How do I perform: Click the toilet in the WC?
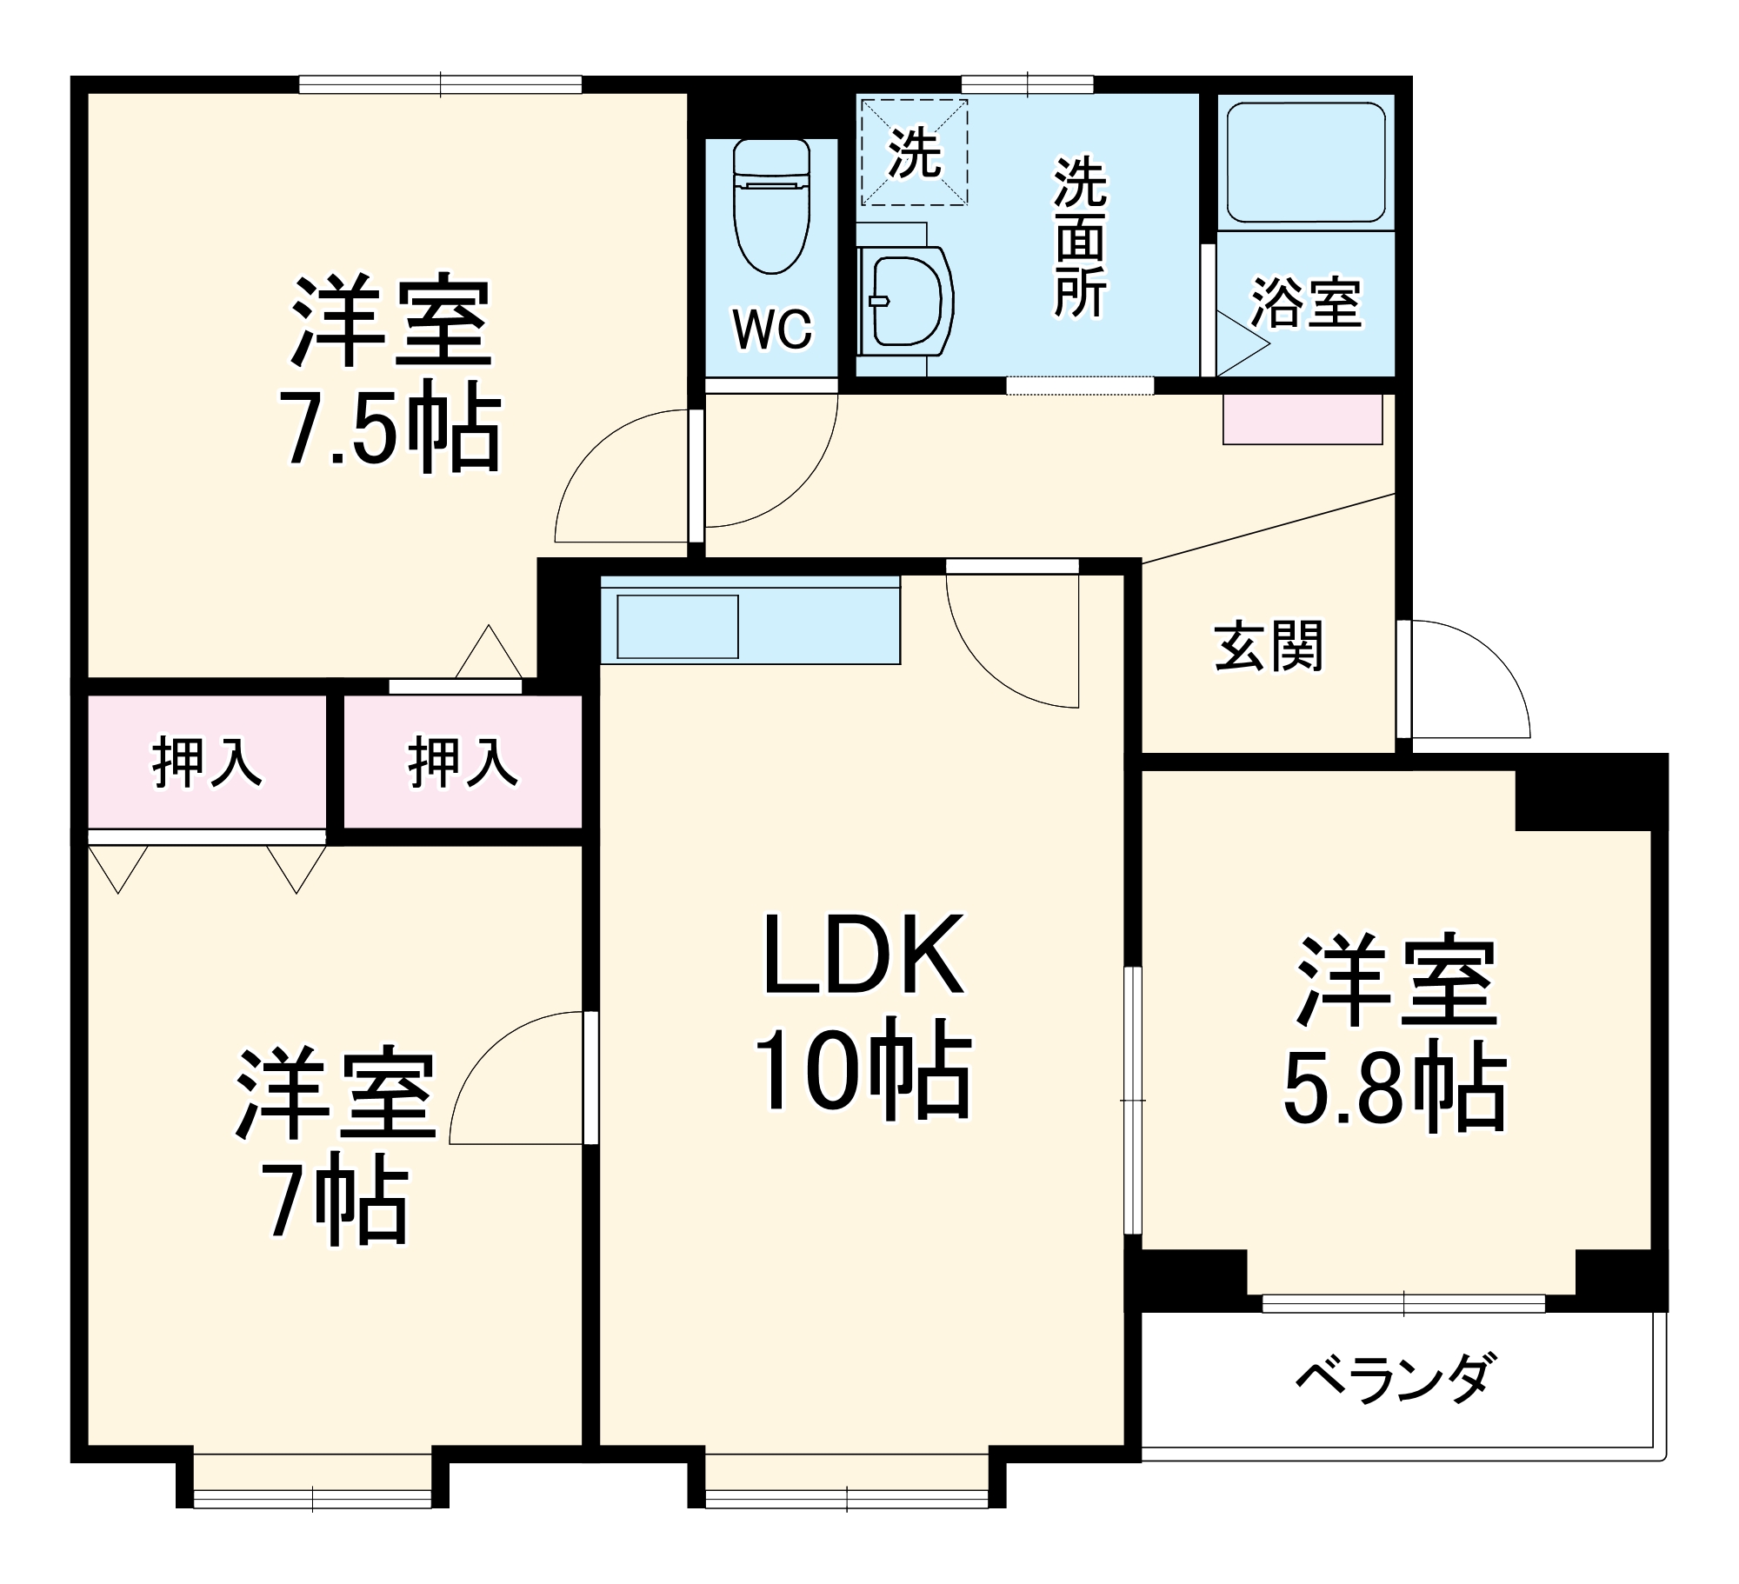pos(771,209)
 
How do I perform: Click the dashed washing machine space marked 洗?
pos(914,153)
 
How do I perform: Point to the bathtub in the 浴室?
pos(1305,163)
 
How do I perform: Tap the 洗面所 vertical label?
pos(1081,236)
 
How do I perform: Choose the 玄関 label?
pos(1268,646)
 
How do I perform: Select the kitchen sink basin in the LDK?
pos(677,626)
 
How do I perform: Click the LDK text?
pos(863,955)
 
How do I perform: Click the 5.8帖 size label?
pos(1395,1088)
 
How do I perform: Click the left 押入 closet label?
pos(207,762)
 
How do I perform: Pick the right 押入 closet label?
pos(463,762)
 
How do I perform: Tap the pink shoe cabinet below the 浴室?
pos(1302,419)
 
